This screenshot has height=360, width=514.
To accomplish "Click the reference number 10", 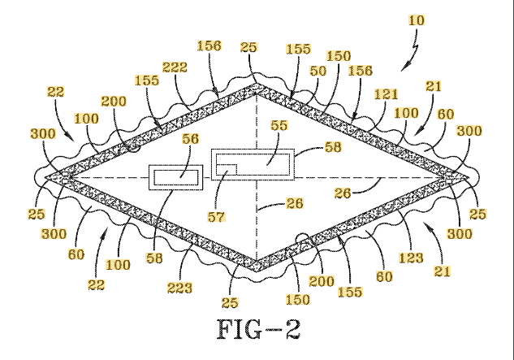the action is tap(417, 20).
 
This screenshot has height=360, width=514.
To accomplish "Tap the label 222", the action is tap(175, 67).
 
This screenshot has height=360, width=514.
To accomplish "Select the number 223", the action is tap(179, 288).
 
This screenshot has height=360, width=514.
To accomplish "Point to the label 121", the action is tap(387, 94).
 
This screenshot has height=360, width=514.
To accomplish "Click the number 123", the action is tap(411, 258).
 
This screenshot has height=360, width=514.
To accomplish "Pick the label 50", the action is tap(318, 71).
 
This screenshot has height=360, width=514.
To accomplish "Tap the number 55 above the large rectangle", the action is tap(279, 125).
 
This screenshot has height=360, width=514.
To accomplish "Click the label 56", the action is tap(191, 139).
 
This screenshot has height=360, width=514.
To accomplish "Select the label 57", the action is tap(216, 217).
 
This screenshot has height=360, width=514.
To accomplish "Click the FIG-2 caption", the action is tap(258, 329).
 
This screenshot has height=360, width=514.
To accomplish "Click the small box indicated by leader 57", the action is tap(227, 169).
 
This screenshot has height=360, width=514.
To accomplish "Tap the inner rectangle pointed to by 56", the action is tap(176, 177).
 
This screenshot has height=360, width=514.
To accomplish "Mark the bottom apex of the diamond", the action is tap(257, 271).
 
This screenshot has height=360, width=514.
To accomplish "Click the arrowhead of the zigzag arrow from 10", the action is tap(404, 68).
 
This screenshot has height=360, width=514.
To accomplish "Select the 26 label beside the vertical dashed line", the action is tap(295, 203).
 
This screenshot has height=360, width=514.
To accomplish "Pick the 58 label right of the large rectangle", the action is tap(333, 147).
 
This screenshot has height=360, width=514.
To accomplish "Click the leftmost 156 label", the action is tap(209, 46).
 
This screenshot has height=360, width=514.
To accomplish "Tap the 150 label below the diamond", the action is tap(298, 300).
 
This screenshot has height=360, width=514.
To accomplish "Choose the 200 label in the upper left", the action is tap(114, 102).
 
